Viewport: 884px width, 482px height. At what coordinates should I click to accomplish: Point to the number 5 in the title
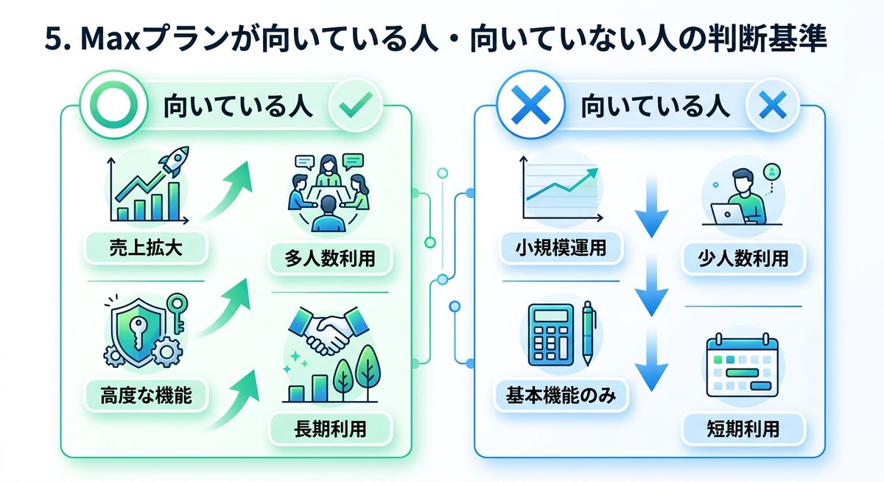click(x=51, y=41)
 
